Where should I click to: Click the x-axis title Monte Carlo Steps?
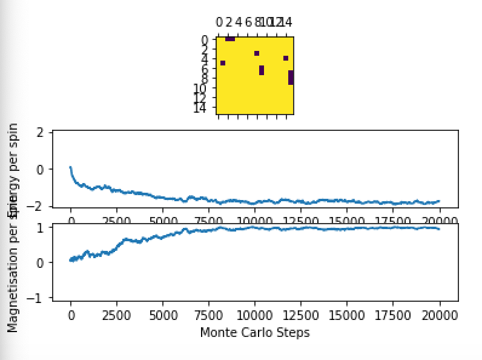254,332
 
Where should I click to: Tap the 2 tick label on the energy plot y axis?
40,133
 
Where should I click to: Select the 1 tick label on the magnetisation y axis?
40,228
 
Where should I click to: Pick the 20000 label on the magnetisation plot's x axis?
439,315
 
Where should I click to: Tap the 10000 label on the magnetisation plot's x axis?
254,315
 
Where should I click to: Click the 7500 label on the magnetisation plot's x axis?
209,315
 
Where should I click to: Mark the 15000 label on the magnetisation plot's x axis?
347,315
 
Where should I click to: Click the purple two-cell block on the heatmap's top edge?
230,39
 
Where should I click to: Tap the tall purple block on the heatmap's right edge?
291,77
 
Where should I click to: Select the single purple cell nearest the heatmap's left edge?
223,63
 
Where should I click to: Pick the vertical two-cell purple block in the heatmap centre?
262,70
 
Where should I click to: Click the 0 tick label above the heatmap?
219,22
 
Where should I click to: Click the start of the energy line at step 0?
71,167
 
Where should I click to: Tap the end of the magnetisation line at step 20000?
438,228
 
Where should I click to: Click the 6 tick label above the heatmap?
248,22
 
